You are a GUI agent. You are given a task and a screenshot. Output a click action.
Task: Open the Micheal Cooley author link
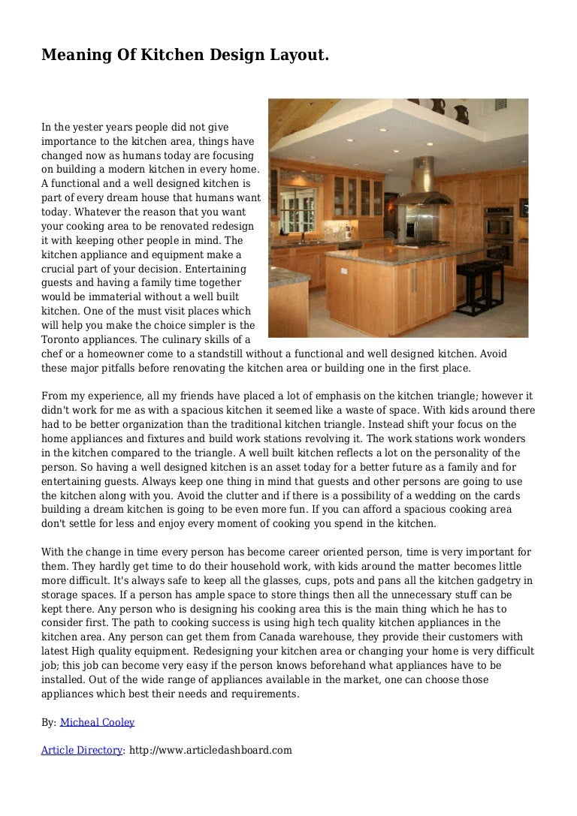pos(97,722)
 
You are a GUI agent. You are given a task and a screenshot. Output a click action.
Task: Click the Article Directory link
pos(81,750)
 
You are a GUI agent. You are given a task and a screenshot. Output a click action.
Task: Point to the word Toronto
pos(62,340)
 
